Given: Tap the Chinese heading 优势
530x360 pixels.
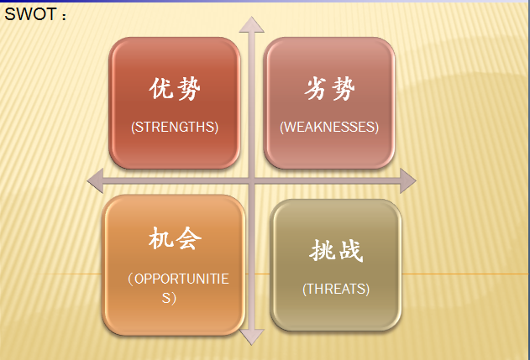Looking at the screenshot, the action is pyautogui.click(x=175, y=89).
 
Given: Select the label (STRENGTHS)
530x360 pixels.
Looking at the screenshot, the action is pyautogui.click(x=175, y=127).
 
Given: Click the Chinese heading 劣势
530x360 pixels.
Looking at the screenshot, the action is pyautogui.click(x=329, y=89).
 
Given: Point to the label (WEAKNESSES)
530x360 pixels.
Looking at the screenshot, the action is pyautogui.click(x=329, y=127).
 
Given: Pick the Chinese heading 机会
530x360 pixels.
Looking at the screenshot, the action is pyautogui.click(x=175, y=238).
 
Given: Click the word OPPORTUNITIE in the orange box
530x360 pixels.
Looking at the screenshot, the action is pyautogui.click(x=181, y=279).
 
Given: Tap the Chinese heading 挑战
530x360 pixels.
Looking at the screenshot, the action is pyautogui.click(x=336, y=250).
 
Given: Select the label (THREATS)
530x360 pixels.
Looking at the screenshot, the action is pyautogui.click(x=336, y=289).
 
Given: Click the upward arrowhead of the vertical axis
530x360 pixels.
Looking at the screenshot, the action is pyautogui.click(x=251, y=25).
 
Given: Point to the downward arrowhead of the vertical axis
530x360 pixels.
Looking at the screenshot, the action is pyautogui.click(x=251, y=337).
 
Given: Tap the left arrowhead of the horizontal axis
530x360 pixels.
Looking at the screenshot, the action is pyautogui.click(x=96, y=181).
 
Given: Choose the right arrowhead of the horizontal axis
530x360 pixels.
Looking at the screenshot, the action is pyautogui.click(x=407, y=181).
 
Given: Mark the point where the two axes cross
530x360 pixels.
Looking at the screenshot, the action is pyautogui.click(x=251, y=181).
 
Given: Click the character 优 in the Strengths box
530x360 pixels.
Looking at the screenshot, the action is pyautogui.click(x=161, y=88).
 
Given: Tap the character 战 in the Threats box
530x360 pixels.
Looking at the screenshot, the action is pyautogui.click(x=351, y=251).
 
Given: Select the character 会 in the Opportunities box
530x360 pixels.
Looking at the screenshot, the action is pyautogui.click(x=189, y=238).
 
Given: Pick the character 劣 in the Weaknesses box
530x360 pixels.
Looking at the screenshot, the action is pyautogui.click(x=316, y=88).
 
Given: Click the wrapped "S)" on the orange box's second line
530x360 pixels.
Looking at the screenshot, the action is pyautogui.click(x=169, y=298).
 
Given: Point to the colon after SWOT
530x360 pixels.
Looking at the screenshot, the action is pyautogui.click(x=64, y=16).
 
